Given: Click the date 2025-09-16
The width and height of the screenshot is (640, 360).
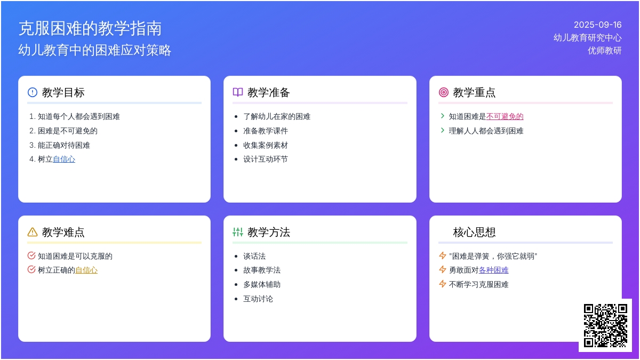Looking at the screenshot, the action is click(x=597, y=25).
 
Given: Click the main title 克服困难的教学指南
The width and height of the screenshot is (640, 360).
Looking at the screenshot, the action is click(x=90, y=29).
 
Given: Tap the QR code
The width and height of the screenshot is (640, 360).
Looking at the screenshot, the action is click(x=605, y=325).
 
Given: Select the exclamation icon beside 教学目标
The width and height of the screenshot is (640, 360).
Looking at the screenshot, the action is click(x=33, y=92).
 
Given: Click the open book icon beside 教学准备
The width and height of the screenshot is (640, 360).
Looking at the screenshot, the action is click(x=238, y=92).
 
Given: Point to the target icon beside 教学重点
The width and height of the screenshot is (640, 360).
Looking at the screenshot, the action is click(x=443, y=92).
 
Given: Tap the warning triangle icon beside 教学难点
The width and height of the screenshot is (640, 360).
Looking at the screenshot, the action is click(x=33, y=232).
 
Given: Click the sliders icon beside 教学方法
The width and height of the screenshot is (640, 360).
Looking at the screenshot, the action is click(x=238, y=232).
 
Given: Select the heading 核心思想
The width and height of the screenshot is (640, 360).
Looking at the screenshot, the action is click(x=474, y=232).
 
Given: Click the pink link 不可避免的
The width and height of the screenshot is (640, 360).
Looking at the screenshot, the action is click(x=505, y=116).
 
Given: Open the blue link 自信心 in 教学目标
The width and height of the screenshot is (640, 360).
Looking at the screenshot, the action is click(x=64, y=159).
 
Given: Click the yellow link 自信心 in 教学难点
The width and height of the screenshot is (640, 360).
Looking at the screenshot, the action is click(x=86, y=270).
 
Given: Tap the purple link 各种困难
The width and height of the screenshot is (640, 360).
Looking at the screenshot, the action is click(x=493, y=270).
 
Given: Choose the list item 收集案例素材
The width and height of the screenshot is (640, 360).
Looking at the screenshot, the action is click(x=266, y=145).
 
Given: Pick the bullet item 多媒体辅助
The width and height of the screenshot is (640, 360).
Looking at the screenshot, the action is click(x=262, y=285).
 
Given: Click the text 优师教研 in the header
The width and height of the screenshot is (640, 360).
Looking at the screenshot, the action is click(x=604, y=51).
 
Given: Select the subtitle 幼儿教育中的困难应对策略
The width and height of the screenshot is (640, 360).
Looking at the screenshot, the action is click(x=95, y=50).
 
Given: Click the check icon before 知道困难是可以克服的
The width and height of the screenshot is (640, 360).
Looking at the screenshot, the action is click(x=31, y=255).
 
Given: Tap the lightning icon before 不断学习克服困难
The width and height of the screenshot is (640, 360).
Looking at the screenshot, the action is click(x=443, y=284).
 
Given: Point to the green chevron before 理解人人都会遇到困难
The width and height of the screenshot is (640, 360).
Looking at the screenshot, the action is click(x=443, y=130).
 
